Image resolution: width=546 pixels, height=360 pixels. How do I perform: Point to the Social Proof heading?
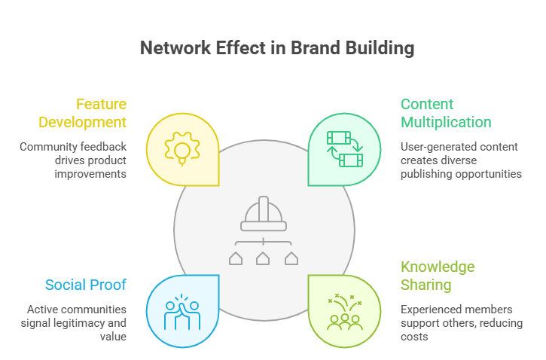(85, 285)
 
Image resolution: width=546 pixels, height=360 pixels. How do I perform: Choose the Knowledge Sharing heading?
(438, 276)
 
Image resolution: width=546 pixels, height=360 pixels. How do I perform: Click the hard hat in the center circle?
(264, 214)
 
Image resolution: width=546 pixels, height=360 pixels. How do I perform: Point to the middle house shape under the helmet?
(264, 258)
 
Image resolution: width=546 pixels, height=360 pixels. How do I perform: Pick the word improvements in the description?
(90, 173)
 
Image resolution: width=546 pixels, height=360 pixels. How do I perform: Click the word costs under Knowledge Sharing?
(415, 337)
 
